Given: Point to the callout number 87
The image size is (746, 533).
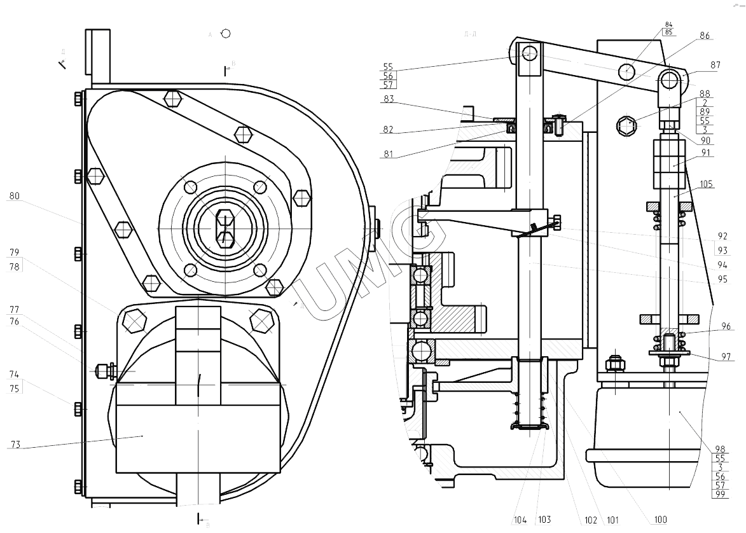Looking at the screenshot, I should (x=697, y=64).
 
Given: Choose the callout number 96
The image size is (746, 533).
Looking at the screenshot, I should (x=726, y=326).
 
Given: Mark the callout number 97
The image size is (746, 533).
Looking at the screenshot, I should (x=726, y=357).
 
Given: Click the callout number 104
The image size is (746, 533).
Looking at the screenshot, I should (x=521, y=520).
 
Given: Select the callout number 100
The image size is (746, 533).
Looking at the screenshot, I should (x=660, y=520).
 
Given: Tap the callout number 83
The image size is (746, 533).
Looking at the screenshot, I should (x=389, y=99).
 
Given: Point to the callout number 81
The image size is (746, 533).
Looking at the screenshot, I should (x=389, y=153).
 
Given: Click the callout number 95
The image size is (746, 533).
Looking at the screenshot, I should (x=722, y=279).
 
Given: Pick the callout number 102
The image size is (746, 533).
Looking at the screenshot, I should (x=591, y=520).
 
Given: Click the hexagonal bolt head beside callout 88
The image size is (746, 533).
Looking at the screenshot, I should (x=626, y=126).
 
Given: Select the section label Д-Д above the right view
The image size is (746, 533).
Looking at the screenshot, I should (x=471, y=34).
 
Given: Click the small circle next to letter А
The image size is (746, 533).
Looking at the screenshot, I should (x=225, y=33).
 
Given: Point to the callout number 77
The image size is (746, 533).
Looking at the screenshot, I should (x=14, y=310).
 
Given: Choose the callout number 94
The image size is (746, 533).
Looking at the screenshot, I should (x=722, y=265).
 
